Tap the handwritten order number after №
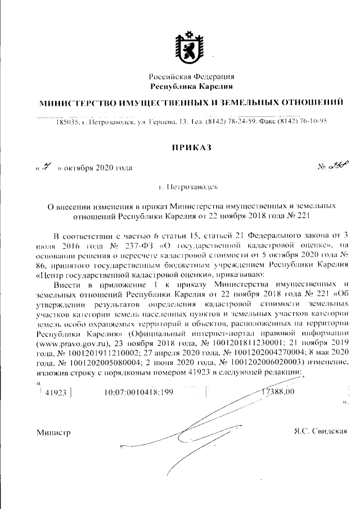point(327,166)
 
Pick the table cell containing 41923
point(55,392)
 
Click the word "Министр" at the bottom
point(52,432)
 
